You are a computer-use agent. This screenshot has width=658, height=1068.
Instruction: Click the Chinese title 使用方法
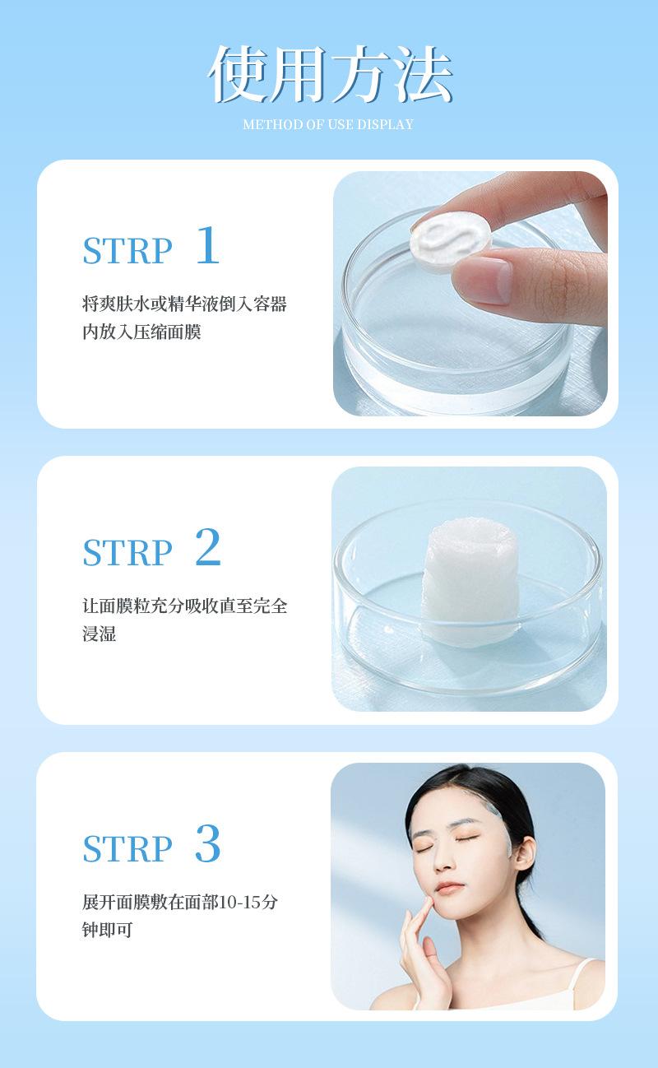pyautogui.click(x=330, y=74)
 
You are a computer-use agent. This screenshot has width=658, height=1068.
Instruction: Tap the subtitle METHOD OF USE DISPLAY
pyautogui.click(x=328, y=125)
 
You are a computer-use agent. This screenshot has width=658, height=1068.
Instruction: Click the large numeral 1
pyautogui.click(x=208, y=245)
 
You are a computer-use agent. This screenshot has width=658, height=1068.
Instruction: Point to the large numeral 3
pyautogui.click(x=208, y=844)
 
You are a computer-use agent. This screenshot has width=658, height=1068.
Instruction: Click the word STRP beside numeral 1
pyautogui.click(x=127, y=251)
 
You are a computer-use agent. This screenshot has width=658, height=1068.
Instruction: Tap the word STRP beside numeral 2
pyautogui.click(x=127, y=553)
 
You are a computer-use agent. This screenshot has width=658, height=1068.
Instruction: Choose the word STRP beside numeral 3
pyautogui.click(x=127, y=849)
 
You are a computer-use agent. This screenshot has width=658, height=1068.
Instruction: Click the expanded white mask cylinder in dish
pyautogui.click(x=470, y=583)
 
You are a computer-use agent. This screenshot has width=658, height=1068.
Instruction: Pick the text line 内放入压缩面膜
pyautogui.click(x=141, y=332)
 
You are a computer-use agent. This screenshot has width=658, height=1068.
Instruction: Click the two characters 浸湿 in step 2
pyautogui.click(x=99, y=634)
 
